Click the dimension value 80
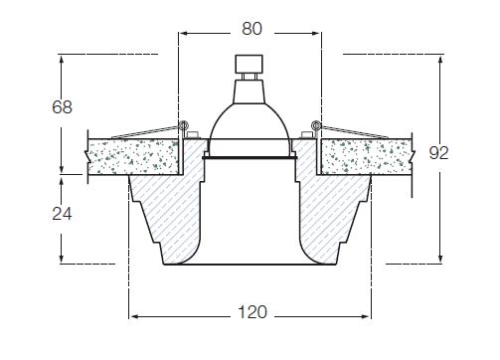251,29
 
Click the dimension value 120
252,312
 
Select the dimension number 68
62,107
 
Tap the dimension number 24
62,214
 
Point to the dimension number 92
439,153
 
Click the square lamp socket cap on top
250,64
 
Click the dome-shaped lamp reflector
250,121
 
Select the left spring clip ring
183,125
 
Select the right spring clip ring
316,125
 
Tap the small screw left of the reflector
193,134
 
